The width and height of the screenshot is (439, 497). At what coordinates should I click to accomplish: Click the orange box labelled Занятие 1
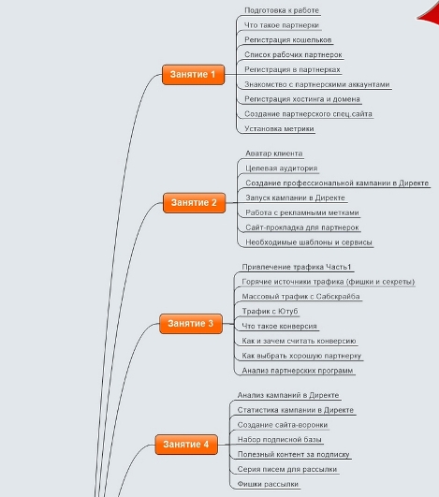point(194,75)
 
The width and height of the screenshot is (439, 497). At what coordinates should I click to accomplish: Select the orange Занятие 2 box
point(195,202)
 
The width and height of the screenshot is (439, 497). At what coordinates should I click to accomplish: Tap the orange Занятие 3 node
point(191,324)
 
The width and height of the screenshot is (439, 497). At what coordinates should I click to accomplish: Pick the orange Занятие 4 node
point(186,445)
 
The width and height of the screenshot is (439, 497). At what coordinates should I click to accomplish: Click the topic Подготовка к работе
point(282,10)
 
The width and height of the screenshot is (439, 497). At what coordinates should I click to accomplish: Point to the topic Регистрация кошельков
point(288,40)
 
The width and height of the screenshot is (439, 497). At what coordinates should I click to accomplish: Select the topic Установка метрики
point(279,128)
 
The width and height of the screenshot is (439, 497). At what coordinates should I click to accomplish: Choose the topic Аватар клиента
point(274,153)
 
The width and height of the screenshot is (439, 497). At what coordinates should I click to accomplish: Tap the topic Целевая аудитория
point(282,168)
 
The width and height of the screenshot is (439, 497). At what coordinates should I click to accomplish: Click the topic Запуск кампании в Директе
point(296,197)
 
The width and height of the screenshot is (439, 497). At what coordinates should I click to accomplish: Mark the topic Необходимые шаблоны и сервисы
point(309,242)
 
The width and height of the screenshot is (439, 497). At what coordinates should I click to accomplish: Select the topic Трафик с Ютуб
point(271,312)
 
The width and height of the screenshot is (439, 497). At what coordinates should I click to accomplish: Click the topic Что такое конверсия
point(280,326)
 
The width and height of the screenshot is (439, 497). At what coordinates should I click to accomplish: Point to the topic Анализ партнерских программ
point(298,371)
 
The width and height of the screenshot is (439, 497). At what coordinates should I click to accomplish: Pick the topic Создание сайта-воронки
point(283,425)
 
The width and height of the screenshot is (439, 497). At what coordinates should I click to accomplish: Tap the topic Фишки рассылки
point(268,484)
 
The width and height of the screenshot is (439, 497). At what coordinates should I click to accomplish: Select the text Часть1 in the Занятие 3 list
point(339,267)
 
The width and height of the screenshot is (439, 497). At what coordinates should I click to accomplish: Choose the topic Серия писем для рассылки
point(287,469)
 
